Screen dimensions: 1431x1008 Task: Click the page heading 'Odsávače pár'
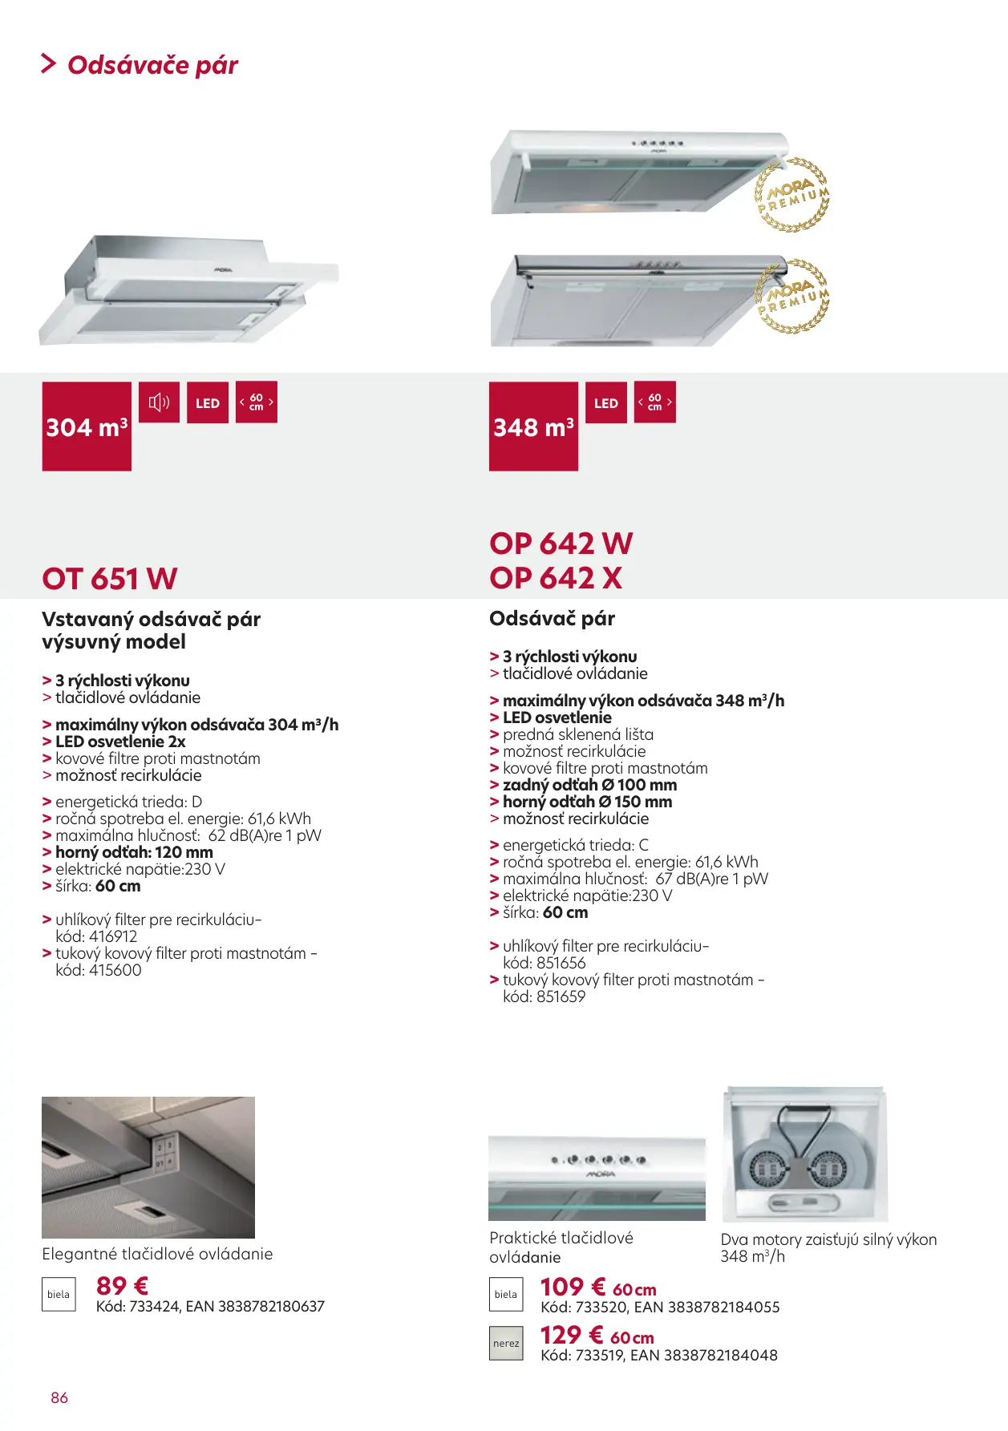click(x=152, y=65)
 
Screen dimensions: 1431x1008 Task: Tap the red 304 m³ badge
click(x=87, y=426)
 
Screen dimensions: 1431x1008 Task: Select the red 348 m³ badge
click(x=533, y=426)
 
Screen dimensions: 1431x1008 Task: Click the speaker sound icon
click(x=159, y=402)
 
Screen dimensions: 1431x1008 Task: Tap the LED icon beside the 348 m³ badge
click(x=606, y=403)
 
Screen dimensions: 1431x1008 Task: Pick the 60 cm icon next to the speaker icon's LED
click(x=257, y=402)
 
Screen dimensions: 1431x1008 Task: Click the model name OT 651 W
click(x=110, y=579)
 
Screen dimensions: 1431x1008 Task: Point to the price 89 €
click(x=122, y=1286)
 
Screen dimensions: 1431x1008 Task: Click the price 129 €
click(x=571, y=1336)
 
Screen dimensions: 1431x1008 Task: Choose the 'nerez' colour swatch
click(x=506, y=1344)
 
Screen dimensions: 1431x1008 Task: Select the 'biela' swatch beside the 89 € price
click(x=59, y=1294)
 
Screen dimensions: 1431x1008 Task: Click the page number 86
click(x=59, y=1397)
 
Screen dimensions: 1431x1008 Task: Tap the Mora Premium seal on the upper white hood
click(x=792, y=195)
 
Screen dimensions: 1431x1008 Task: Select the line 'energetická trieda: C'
click(x=575, y=845)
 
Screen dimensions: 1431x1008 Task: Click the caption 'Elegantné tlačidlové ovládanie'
click(x=157, y=1254)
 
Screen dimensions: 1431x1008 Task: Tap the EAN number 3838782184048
click(x=722, y=1356)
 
